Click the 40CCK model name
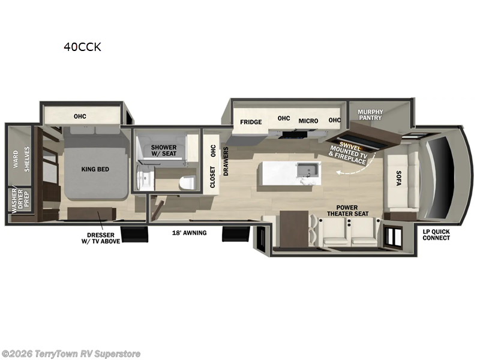point(82,47)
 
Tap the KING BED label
point(95,169)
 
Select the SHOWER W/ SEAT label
point(164,150)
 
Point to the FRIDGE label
point(251,122)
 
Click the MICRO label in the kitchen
point(308,121)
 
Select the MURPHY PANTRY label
point(370,114)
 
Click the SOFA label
point(398,178)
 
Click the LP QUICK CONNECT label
point(436,234)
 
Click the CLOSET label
point(212,177)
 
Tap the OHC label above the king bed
point(80,116)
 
